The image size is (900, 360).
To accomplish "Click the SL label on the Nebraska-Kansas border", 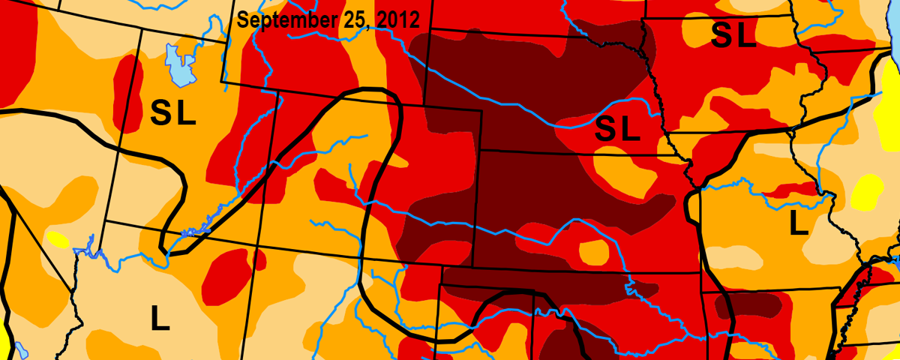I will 617,130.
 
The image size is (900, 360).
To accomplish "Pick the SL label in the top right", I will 733,35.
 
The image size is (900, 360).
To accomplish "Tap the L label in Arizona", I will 159,319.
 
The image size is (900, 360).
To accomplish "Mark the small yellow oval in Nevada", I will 58,239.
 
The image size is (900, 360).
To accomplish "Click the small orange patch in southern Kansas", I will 594,252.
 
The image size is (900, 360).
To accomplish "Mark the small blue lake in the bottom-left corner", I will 20,349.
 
